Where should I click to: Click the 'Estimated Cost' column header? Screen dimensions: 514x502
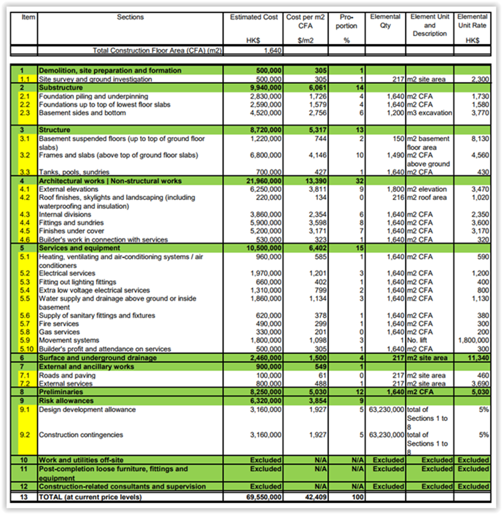tap(254, 17)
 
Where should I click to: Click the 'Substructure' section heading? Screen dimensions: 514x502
tap(61, 88)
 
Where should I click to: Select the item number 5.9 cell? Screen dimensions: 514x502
tap(25, 340)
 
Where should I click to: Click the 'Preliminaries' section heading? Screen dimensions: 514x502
tap(61, 392)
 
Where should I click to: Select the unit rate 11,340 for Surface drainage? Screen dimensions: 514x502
tap(477, 358)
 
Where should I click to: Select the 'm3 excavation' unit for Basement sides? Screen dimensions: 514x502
tap(429, 113)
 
